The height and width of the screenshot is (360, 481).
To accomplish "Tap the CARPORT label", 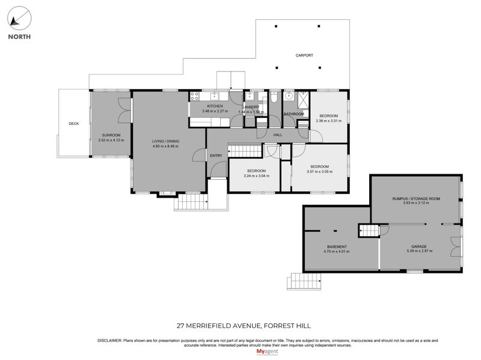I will (x=304, y=55).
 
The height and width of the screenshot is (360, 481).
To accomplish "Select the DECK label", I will (x=73, y=124).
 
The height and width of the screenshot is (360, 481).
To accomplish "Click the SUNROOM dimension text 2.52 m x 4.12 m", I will (x=111, y=140).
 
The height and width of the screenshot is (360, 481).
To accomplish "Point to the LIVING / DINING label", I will (x=165, y=141).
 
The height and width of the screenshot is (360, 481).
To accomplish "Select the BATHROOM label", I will (x=294, y=114).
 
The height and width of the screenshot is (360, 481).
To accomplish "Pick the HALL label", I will (x=278, y=135).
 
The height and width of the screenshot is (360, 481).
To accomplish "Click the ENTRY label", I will (x=216, y=156).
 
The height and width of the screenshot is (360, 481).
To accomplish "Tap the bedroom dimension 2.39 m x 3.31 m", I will (x=328, y=121).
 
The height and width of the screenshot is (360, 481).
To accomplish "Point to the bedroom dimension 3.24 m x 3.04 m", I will (x=256, y=176).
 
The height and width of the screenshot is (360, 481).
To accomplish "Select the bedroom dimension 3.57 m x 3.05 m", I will (x=319, y=171).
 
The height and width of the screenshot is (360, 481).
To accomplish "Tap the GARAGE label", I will (x=419, y=246).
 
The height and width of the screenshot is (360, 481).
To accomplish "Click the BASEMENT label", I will (x=336, y=246).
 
